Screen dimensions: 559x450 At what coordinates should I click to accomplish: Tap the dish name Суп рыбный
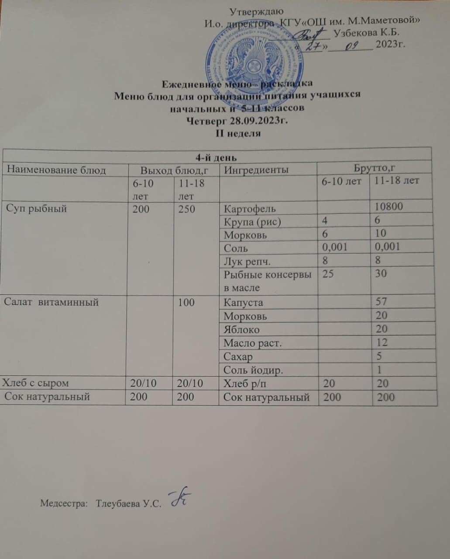pyautogui.click(x=37, y=208)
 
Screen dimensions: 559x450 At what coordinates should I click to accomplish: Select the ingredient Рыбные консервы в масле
pyautogui.click(x=268, y=281)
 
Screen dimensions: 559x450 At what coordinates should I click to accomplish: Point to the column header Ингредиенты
pyautogui.click(x=256, y=169)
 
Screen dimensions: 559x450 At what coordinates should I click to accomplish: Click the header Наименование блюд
pyautogui.click(x=57, y=170)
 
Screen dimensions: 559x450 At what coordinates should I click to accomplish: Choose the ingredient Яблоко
pyautogui.click(x=241, y=329)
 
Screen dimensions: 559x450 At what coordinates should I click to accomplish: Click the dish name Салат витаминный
pyautogui.click(x=52, y=302)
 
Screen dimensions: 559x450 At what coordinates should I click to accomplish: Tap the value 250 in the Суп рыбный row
pyautogui.click(x=186, y=209)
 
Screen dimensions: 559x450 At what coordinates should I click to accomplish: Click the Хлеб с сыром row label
pyautogui.click(x=36, y=383)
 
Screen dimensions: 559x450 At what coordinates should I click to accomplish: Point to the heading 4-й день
pyautogui.click(x=216, y=157)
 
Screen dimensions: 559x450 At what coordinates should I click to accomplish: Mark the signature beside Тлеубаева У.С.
pyautogui.click(x=179, y=497)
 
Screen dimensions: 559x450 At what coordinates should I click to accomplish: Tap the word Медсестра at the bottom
pyautogui.click(x=64, y=503)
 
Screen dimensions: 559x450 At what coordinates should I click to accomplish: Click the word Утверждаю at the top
pyautogui.click(x=257, y=11)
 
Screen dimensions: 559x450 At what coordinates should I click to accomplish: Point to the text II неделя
pyautogui.click(x=238, y=133)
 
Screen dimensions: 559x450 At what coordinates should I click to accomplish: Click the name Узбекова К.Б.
pyautogui.click(x=366, y=32)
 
